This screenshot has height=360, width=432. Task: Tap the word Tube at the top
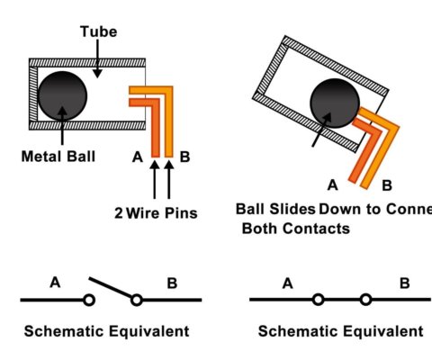(98, 31)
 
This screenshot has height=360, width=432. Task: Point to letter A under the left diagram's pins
(138, 157)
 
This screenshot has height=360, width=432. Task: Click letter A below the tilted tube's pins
(332, 185)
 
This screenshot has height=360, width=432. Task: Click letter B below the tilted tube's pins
(387, 185)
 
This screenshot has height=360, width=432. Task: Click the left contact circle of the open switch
(89, 299)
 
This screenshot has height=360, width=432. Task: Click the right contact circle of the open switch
(137, 299)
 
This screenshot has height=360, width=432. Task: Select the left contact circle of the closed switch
(318, 299)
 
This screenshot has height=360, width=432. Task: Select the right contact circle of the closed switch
(365, 299)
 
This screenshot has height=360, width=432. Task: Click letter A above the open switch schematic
(55, 283)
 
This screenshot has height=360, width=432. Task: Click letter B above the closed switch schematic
(404, 283)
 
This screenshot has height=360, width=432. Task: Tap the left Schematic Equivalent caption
(107, 332)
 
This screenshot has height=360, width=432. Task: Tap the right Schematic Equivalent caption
(340, 332)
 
